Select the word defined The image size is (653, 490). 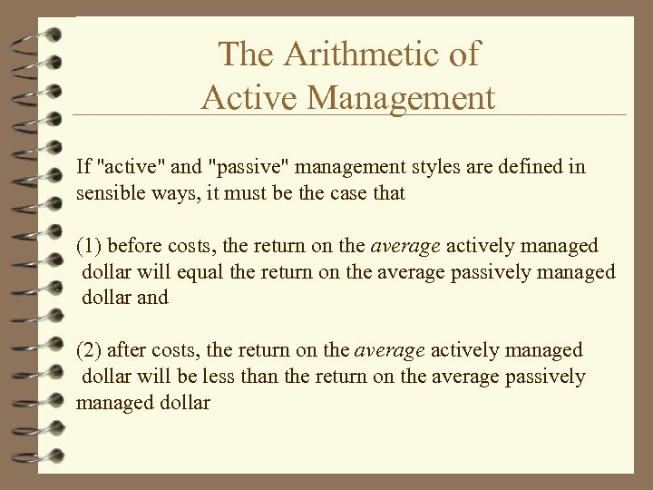pyautogui.click(x=535, y=167)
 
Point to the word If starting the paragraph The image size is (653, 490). pyautogui.click(x=83, y=167)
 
